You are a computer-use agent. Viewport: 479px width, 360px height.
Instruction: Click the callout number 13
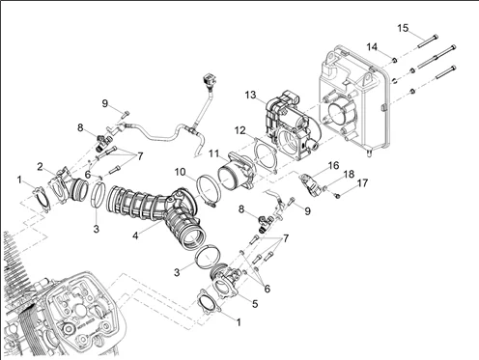point(250,96)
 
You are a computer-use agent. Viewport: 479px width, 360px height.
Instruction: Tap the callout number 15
point(403,28)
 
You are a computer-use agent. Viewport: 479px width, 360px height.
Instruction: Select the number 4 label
point(135,235)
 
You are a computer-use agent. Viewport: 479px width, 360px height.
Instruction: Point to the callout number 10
point(181,172)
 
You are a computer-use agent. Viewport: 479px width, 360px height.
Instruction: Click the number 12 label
point(239,130)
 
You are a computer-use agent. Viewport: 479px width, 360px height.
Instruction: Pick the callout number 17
point(362,183)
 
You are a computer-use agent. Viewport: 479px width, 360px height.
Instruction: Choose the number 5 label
point(255,304)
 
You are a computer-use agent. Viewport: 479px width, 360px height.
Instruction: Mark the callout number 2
point(40,167)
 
